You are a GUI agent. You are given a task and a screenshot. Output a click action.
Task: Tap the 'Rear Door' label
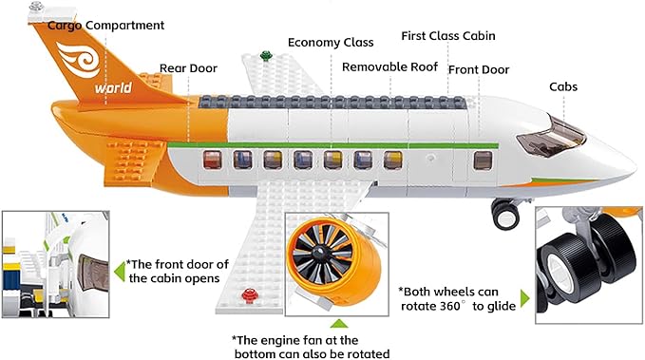click(x=188, y=68)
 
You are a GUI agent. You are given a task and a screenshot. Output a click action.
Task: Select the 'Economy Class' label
click(x=331, y=43)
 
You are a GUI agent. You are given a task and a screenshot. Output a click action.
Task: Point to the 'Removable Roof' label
click(x=389, y=67)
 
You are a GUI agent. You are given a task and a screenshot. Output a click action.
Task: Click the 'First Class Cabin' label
click(x=448, y=36)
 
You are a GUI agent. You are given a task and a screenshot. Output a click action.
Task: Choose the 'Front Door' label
click(x=479, y=69)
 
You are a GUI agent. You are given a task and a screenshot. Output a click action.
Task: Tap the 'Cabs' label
click(x=563, y=87)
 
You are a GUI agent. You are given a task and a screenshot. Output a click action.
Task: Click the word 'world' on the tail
click(x=113, y=90)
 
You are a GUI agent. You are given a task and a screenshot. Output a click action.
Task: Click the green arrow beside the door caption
click(x=119, y=273)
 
